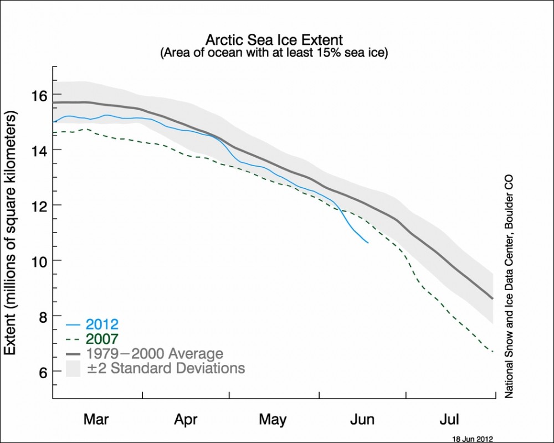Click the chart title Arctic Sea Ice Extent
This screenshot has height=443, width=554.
click(x=274, y=40)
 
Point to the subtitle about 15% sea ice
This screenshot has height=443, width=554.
click(x=274, y=53)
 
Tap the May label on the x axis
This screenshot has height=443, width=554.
click(x=273, y=419)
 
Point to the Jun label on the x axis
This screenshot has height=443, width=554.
click(x=362, y=419)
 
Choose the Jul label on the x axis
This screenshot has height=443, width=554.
click(x=449, y=419)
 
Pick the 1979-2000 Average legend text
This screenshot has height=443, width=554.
click(x=155, y=354)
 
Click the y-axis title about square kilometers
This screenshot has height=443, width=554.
click(x=11, y=233)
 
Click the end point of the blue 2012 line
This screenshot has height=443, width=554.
click(x=368, y=242)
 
